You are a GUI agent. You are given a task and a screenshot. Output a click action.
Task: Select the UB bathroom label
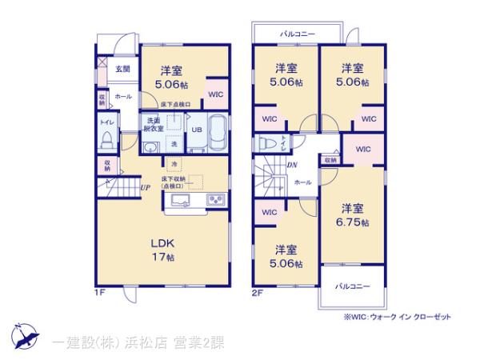(195, 129)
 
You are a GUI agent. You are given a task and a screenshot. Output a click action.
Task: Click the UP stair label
(146, 188)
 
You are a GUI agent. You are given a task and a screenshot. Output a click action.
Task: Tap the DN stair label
(292, 166)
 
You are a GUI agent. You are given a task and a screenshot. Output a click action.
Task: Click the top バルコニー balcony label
(297, 34)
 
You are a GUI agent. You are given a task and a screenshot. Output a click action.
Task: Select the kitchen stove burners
(216, 200)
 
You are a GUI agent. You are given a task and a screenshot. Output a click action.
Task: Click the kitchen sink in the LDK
(179, 200)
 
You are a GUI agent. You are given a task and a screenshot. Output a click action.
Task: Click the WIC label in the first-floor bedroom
(216, 93)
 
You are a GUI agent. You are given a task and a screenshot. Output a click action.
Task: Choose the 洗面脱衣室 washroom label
(154, 124)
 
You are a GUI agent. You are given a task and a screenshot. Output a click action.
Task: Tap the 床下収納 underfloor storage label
(174, 182)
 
